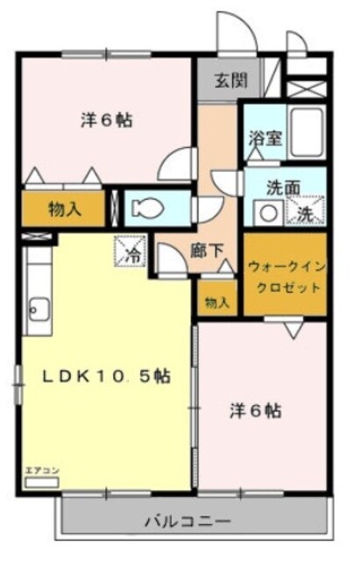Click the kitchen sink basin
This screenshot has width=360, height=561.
[38, 308]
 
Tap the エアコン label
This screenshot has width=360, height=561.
[42, 472]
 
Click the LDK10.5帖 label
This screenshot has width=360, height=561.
[108, 376]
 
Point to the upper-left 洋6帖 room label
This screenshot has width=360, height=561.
[107, 122]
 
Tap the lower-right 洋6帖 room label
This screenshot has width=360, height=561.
[256, 409]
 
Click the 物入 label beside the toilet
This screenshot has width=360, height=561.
[64, 209]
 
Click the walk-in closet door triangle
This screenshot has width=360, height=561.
[293, 328]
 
